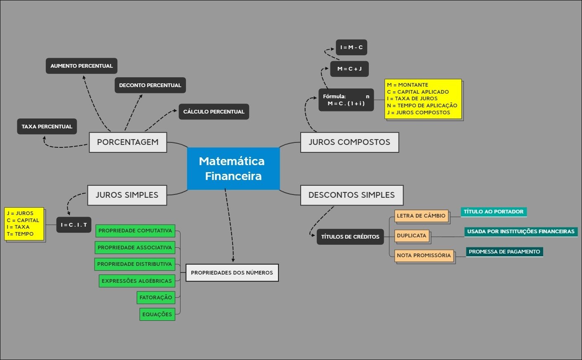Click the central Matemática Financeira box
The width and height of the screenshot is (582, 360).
(233, 168)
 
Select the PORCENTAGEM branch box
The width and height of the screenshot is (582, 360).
(128, 142)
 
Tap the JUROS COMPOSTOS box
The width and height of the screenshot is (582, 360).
(349, 142)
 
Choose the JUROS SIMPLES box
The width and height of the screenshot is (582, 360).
(127, 195)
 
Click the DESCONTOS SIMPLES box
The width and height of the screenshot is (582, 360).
(352, 195)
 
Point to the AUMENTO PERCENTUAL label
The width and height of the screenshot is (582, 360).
(81, 66)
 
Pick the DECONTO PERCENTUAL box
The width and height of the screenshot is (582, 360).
(150, 85)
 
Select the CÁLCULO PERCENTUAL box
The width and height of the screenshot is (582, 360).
(214, 112)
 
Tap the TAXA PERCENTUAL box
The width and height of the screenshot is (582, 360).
(47, 127)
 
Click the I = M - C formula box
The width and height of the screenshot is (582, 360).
(351, 47)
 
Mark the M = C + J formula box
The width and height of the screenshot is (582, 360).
(349, 69)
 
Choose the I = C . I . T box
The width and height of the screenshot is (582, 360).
(74, 225)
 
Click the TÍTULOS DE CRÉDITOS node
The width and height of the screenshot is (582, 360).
(350, 237)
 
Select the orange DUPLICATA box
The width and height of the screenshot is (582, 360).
(411, 236)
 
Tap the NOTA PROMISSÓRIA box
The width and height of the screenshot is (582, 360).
(423, 256)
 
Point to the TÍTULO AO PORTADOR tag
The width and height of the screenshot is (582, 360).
(493, 212)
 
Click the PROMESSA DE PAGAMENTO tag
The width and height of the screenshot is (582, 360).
(504, 252)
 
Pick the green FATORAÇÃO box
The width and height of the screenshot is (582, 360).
(156, 298)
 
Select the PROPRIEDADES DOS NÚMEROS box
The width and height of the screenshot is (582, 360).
(232, 273)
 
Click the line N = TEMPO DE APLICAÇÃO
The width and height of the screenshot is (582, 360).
(422, 106)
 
